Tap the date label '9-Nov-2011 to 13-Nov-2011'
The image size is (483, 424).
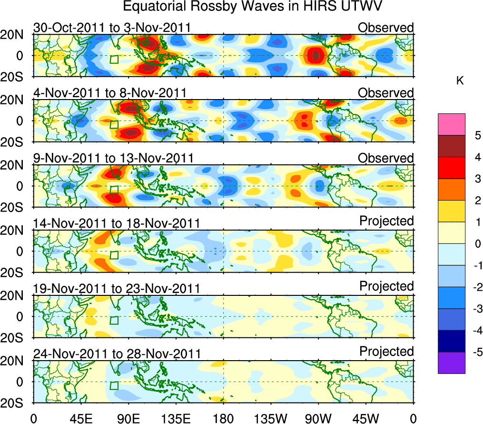(113, 158)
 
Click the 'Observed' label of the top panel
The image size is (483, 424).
(385, 28)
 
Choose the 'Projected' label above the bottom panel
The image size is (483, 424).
(386, 352)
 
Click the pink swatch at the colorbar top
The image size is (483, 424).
(451, 124)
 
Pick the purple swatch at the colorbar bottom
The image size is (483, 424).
(451, 363)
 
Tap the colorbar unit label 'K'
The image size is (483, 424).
(460, 81)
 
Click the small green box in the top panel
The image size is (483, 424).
(114, 59)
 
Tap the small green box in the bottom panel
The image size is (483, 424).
(114, 385)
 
